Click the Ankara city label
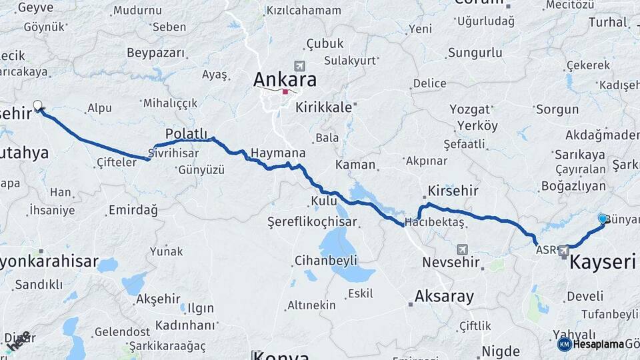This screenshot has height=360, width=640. click(x=285, y=79)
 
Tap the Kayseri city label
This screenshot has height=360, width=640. click(x=602, y=261)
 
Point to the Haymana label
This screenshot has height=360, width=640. click(x=277, y=153)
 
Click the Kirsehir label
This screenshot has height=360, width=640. click(x=453, y=191)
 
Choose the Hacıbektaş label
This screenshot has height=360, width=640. click(x=434, y=223)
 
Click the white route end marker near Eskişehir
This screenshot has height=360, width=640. click(x=38, y=105)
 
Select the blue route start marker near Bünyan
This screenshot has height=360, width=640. click(x=603, y=219)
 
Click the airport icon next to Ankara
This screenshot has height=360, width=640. click(x=298, y=66)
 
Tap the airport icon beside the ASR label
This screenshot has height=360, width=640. click(x=564, y=250)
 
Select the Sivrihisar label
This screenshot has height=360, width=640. click(x=174, y=152)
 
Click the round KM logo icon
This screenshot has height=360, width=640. click(x=564, y=344)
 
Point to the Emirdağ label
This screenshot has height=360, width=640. click(x=133, y=211)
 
